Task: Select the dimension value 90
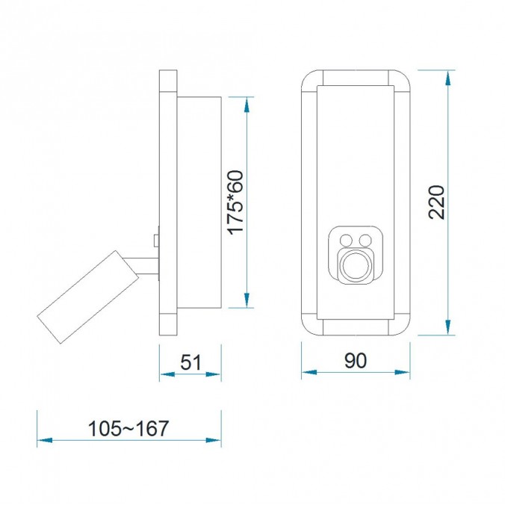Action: click(356, 361)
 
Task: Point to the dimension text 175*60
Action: click(236, 202)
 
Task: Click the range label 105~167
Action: click(128, 429)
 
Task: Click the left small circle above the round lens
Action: click(347, 240)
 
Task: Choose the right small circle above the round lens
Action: click(365, 240)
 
